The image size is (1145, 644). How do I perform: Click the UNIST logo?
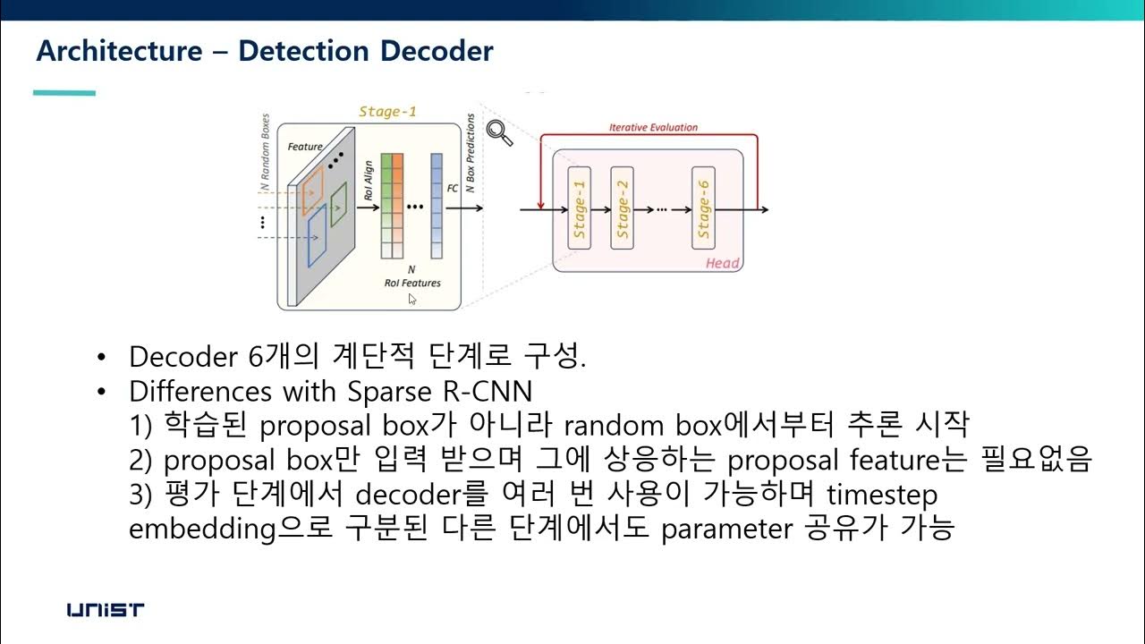(x=106, y=611)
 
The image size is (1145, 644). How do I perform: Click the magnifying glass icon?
(x=500, y=132)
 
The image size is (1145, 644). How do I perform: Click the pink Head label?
(x=723, y=262)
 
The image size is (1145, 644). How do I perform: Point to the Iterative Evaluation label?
(x=653, y=128)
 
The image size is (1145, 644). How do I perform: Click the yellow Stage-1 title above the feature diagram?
(x=386, y=112)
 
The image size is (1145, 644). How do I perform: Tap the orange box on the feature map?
(x=313, y=193)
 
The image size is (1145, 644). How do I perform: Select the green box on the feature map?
(x=338, y=204)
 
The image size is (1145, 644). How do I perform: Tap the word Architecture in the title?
(x=119, y=51)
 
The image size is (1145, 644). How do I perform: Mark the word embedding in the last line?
(x=200, y=529)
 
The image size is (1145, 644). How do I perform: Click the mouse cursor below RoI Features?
(x=412, y=299)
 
